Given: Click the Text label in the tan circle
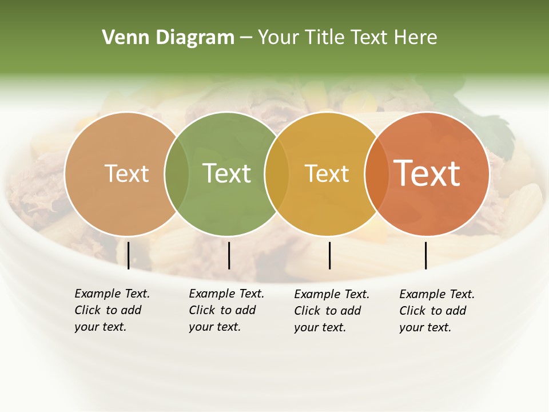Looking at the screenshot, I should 126,173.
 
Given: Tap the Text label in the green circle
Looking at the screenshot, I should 226,173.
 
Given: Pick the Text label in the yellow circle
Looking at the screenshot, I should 327,174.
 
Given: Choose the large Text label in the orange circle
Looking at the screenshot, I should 427,173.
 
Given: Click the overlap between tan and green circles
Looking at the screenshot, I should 177,173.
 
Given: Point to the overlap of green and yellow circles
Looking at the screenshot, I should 277,173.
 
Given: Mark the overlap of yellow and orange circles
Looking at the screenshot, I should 376,173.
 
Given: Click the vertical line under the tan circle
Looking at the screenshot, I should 129,255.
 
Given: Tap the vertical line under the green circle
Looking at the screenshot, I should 229,255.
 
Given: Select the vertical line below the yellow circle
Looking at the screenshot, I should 329,255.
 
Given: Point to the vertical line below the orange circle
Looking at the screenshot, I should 425,255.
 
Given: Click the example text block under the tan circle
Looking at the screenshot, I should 112,310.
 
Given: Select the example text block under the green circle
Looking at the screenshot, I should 226,310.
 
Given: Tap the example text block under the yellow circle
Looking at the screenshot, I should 331,311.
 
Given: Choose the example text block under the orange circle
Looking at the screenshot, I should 436,311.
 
